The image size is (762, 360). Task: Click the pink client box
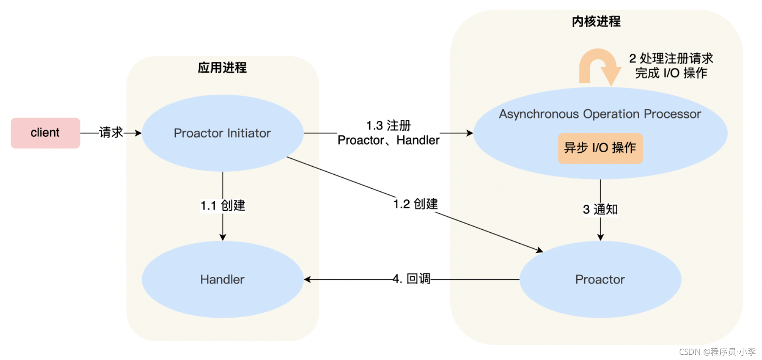(x=45, y=133)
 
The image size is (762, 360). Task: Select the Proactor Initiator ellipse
(x=222, y=133)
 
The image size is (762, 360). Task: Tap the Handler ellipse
(x=222, y=280)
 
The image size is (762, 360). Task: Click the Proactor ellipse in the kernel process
(x=600, y=280)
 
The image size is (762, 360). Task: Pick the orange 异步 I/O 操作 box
(x=600, y=148)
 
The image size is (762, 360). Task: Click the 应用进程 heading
(x=222, y=67)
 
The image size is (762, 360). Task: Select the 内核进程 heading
(x=596, y=21)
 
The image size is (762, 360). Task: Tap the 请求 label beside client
(x=111, y=132)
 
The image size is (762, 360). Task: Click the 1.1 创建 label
(x=223, y=206)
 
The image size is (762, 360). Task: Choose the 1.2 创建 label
(x=415, y=204)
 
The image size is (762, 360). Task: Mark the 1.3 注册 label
(x=388, y=125)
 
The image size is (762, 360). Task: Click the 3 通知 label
(x=600, y=209)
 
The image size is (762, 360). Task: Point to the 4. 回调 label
(x=411, y=279)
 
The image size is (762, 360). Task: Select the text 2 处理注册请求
(x=671, y=58)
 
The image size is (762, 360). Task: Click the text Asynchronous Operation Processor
(x=600, y=114)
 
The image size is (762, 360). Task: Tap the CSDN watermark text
(x=717, y=352)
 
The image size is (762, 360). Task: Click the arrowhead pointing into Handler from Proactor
(x=307, y=280)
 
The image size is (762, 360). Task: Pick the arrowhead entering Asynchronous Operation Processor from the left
(x=470, y=133)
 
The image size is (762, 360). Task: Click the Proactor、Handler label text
(x=388, y=140)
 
